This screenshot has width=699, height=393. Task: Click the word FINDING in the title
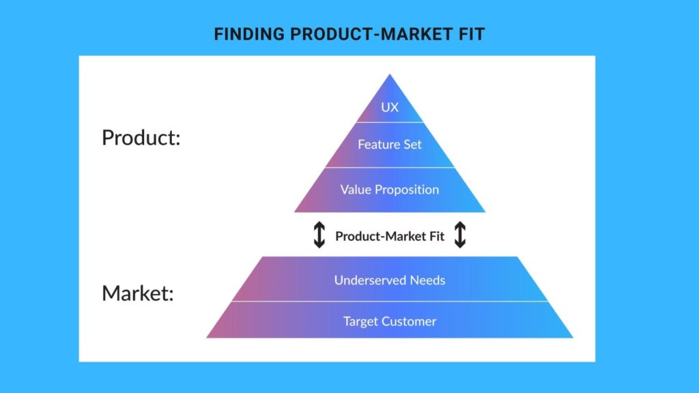click(x=249, y=34)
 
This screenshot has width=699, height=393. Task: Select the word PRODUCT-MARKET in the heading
click(x=371, y=34)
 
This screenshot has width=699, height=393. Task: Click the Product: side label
click(x=141, y=137)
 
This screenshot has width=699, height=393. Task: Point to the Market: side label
click(x=138, y=293)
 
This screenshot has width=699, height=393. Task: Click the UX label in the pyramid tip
click(x=390, y=107)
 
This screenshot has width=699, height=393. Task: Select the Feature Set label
click(x=390, y=145)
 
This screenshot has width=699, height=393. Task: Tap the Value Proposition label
click(x=390, y=190)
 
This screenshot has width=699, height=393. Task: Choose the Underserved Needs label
click(x=390, y=280)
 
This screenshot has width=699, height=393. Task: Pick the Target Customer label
click(x=390, y=321)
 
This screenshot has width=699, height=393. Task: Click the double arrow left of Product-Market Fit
click(x=319, y=235)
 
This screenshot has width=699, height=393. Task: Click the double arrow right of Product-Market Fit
click(x=460, y=235)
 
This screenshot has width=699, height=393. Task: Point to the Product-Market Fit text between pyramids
click(x=390, y=236)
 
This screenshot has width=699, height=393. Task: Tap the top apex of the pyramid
click(x=390, y=74)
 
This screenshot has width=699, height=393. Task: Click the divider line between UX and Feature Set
click(x=390, y=122)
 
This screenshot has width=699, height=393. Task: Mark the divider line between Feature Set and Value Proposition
click(x=390, y=168)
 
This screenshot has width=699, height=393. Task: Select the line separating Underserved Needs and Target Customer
click(x=390, y=301)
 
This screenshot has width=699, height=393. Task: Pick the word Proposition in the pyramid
click(x=407, y=190)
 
